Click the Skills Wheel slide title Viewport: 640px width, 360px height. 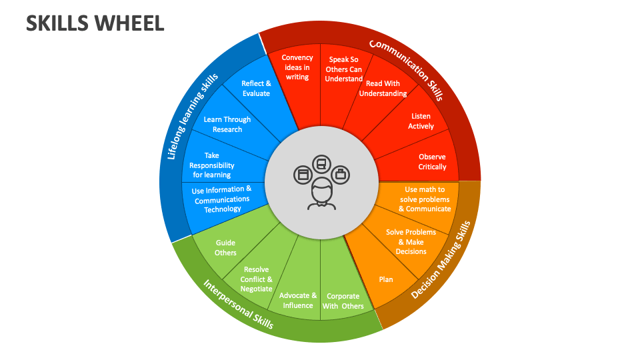(x=95, y=23)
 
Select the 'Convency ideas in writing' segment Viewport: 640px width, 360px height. (x=297, y=67)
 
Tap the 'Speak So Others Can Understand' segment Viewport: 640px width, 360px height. (x=343, y=69)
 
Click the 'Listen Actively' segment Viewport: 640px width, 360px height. (x=421, y=121)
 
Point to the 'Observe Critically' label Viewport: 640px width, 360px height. (x=432, y=162)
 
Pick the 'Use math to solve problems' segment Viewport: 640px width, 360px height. (x=425, y=199)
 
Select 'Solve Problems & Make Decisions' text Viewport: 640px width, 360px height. (x=411, y=241)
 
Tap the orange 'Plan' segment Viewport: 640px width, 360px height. (x=386, y=279)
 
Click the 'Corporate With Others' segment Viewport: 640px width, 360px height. (x=343, y=301)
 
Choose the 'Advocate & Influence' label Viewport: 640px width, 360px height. (x=298, y=300)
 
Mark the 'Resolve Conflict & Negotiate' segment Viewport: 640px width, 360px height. (x=256, y=279)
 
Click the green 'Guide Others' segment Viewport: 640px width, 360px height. (x=225, y=248)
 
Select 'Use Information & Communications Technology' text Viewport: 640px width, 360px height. (x=222, y=199)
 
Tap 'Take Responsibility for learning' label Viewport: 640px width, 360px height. (x=212, y=165)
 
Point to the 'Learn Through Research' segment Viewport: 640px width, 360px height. (x=227, y=124)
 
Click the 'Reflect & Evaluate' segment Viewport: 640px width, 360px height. (x=256, y=89)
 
